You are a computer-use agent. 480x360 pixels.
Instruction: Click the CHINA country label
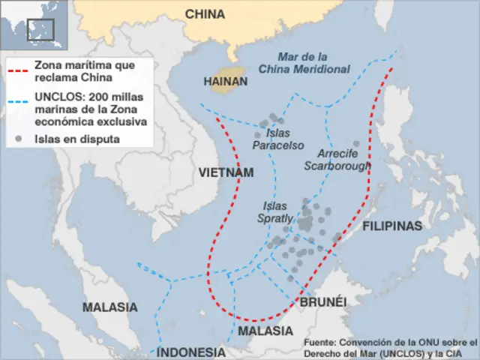[x=205, y=13]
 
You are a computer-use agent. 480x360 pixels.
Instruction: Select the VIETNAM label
[x=226, y=172]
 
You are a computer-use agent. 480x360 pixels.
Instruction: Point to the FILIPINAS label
[x=392, y=226]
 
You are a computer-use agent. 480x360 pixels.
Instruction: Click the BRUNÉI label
[x=323, y=301]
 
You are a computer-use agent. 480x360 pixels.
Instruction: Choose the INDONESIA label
[x=190, y=352]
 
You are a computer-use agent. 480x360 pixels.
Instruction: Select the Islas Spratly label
[x=275, y=211]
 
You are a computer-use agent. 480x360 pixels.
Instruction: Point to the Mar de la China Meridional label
[x=304, y=63]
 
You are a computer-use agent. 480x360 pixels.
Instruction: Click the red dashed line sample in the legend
[x=19, y=72]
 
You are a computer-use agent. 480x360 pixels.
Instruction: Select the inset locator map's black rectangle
[x=40, y=28]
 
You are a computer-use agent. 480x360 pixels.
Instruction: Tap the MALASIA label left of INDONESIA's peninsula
[x=109, y=307]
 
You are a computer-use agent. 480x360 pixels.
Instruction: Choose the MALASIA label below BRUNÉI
[x=265, y=331]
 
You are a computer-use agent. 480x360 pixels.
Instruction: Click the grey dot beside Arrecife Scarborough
[x=356, y=144]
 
